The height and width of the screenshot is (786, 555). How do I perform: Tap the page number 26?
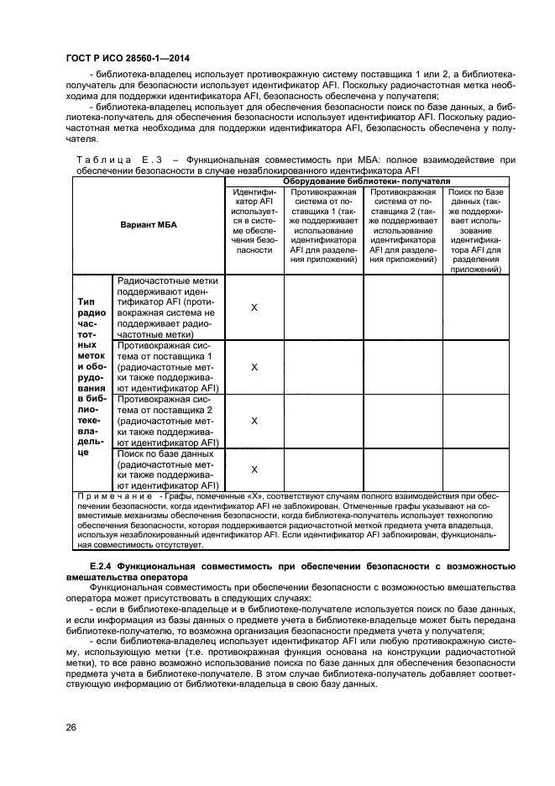[71, 726]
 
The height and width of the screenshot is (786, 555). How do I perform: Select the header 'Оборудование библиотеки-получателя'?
[365, 181]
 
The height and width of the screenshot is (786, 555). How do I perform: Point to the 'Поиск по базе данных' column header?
[475, 230]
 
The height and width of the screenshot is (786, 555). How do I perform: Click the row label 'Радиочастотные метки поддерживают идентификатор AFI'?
[167, 307]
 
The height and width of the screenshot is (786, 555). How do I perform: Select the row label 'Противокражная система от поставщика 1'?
[167, 367]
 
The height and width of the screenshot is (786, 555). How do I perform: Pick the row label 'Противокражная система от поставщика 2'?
[167, 421]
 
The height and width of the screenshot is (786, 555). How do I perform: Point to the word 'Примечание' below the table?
[107, 496]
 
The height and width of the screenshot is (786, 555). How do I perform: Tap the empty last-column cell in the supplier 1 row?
[475, 367]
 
